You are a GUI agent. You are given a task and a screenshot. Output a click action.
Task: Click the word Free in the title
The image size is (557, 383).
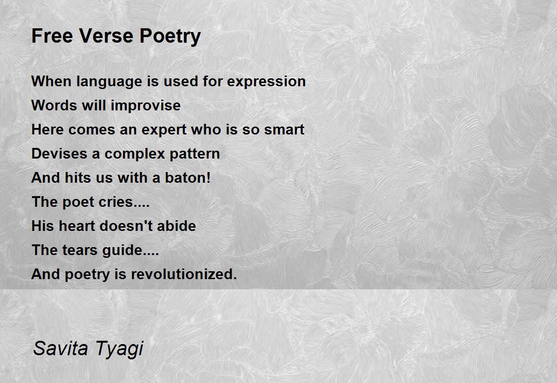pos(52,36)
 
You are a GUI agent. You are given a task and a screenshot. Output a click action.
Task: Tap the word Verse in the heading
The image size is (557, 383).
pos(107,36)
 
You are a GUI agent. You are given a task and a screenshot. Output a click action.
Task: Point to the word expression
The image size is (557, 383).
pos(266,82)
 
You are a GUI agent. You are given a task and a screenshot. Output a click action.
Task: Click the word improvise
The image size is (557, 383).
pos(146,106)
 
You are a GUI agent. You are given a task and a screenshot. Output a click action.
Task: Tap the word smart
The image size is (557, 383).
pos(284,130)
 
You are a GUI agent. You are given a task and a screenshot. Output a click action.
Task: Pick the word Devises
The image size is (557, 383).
pos(59,154)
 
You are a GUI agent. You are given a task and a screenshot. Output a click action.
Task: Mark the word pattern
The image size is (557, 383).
pos(195,154)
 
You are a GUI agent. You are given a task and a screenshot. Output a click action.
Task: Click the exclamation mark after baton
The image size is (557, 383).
pos(208,178)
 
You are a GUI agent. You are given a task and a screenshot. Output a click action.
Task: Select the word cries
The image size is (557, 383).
pos(116,202)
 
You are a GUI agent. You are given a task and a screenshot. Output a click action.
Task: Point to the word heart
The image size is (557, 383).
pos(77,226)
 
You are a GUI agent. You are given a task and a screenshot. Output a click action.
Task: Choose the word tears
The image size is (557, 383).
pos(80,250)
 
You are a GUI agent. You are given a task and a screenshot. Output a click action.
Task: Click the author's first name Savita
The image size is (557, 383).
pos(61,349)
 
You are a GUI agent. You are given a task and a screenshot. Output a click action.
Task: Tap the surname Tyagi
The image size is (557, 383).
pos(119,350)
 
